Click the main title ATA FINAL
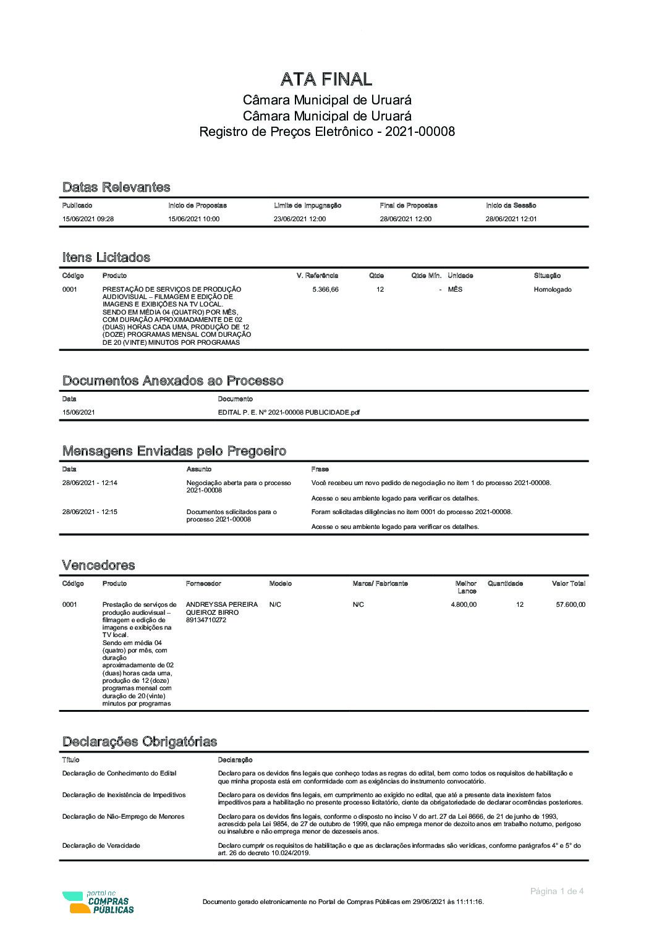pyautogui.click(x=326, y=79)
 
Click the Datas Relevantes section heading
pyautogui.click(x=116, y=187)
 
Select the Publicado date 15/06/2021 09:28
pyautogui.click(x=88, y=219)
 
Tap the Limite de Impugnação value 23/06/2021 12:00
pyautogui.click(x=300, y=219)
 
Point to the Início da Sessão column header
pyautogui.click(x=511, y=205)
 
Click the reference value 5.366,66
pyautogui.click(x=325, y=289)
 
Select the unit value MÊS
pyautogui.click(x=455, y=289)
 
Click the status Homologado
pyautogui.click(x=553, y=289)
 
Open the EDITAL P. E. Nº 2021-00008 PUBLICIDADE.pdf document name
pyautogui.click(x=289, y=412)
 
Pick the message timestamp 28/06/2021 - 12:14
pyautogui.click(x=90, y=483)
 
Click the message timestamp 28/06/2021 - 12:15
pyautogui.click(x=90, y=512)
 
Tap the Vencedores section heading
pyautogui.click(x=98, y=565)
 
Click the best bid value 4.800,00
pyautogui.click(x=464, y=604)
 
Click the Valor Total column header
pyautogui.click(x=568, y=583)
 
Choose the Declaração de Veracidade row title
pyautogui.click(x=101, y=845)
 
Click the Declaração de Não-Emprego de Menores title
pyautogui.click(x=123, y=816)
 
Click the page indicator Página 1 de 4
pyautogui.click(x=556, y=891)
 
